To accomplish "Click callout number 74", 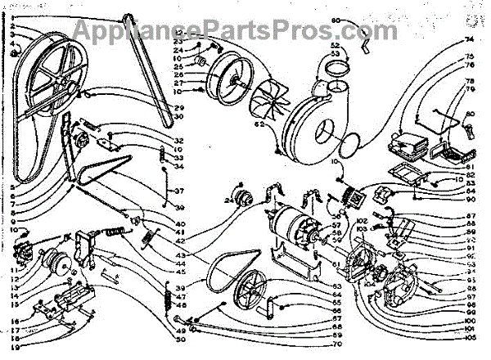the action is coord(469,39).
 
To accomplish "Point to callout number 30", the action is coord(178,117).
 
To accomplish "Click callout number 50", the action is coord(180,339).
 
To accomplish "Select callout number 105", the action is coord(469,338).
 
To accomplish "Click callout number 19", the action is coord(15,347).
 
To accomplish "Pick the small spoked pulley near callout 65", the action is coord(245,295).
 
